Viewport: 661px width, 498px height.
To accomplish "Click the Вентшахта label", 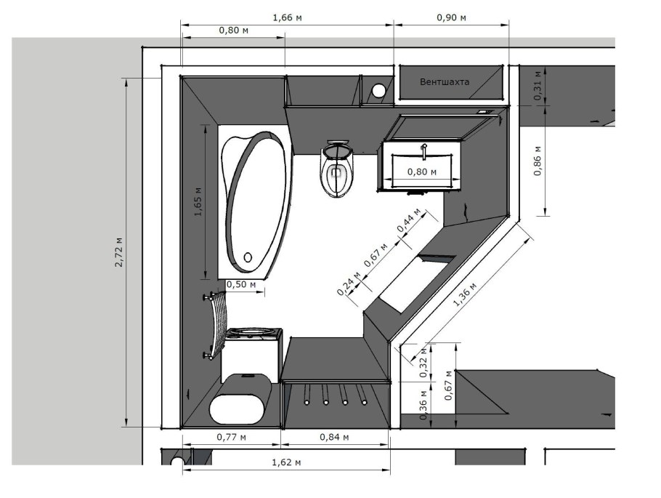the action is (445, 82).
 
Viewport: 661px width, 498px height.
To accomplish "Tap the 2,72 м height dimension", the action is (119, 252).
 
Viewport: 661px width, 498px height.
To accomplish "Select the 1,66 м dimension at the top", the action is (288, 17).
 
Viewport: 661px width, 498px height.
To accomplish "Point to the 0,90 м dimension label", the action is (452, 17).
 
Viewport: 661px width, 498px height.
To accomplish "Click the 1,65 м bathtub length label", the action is (198, 201).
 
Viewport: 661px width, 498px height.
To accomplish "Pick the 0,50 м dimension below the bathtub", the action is (241, 284).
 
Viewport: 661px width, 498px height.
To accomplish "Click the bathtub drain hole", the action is (248, 257).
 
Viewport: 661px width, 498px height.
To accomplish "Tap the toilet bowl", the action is (336, 169).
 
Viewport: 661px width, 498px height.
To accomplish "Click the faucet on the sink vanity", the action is (424, 151).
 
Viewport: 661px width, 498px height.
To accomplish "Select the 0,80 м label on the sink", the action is (422, 172).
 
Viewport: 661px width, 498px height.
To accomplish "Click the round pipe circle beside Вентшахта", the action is (378, 90).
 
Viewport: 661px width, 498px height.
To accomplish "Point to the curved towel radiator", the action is (216, 325).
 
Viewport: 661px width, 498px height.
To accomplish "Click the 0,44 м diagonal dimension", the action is (409, 220).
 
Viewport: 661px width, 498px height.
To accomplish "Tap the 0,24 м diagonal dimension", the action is (349, 284).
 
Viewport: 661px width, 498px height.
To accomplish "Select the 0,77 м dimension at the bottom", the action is (232, 437).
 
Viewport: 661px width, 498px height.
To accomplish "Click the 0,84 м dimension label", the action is (334, 437).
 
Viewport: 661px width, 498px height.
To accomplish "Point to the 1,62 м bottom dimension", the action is (286, 462).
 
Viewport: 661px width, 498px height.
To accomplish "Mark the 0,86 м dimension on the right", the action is (538, 161).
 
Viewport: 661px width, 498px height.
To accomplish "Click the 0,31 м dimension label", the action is (538, 85).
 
